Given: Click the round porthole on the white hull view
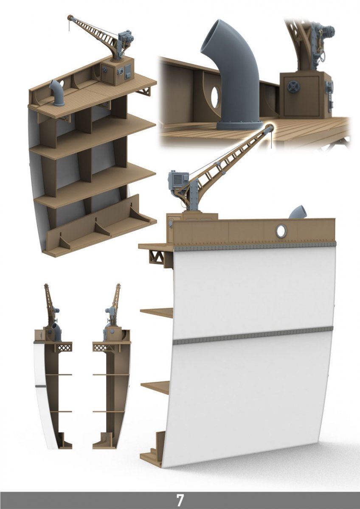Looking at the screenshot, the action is pos(281,231).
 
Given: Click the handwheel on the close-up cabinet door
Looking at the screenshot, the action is pos(292,87).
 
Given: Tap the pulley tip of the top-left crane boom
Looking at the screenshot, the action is pos(70,17).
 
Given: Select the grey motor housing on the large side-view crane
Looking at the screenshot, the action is pos(179,179).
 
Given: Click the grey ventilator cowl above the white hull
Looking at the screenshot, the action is pos(298,212).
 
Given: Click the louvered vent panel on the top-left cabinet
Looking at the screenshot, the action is pos(128,71).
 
